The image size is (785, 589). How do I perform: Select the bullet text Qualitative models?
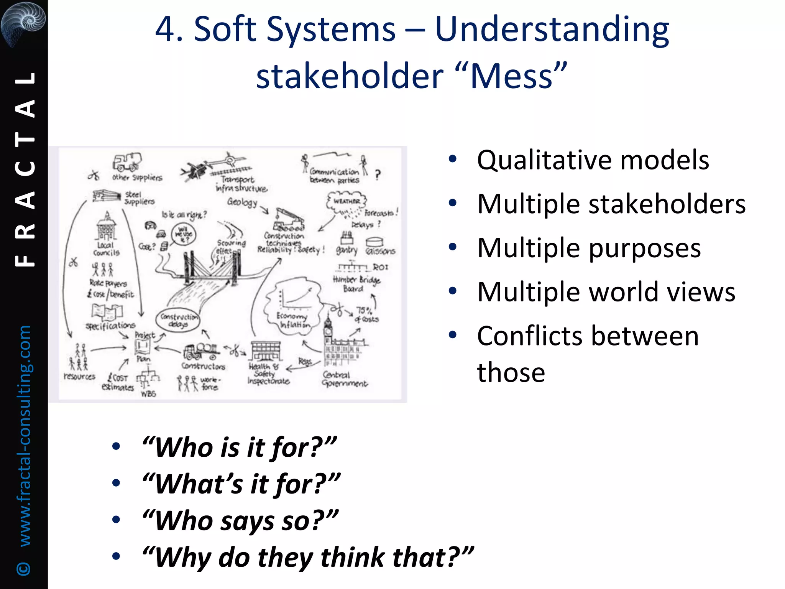click(593, 160)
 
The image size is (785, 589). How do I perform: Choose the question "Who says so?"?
click(240, 521)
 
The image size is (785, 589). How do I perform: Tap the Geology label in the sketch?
click(242, 202)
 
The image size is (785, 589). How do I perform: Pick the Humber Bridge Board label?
click(356, 284)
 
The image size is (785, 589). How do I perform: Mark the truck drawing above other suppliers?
click(126, 162)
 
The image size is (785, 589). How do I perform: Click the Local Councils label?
click(106, 249)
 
